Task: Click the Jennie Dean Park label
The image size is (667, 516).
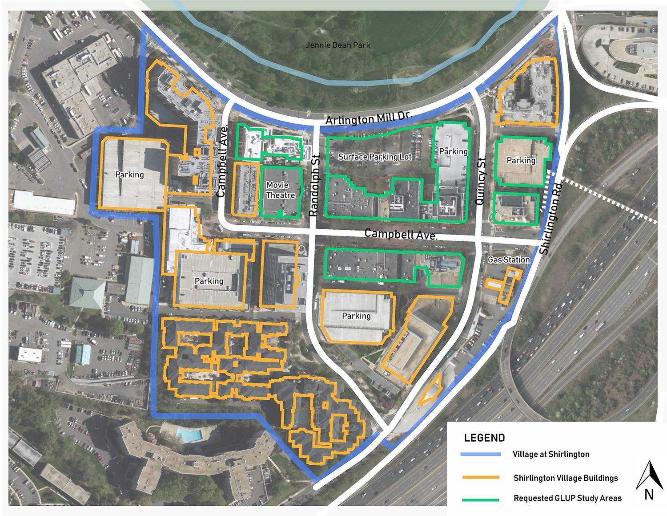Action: [338, 45]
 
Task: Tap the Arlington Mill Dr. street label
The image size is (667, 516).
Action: [369, 118]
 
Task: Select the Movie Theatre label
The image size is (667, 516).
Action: [281, 190]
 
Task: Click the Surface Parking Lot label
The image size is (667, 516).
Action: [375, 157]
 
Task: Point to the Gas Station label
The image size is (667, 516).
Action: [509, 260]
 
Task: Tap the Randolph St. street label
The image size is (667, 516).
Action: [314, 185]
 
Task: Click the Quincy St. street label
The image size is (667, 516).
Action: [481, 180]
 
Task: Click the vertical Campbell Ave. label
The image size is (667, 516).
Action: [222, 161]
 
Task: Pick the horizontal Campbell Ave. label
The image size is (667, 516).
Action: [401, 234]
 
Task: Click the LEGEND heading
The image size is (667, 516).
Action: [484, 438]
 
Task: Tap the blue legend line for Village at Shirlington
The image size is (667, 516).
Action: [481, 455]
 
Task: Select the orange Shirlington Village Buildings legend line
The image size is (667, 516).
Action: [481, 477]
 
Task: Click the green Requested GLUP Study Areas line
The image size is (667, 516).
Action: [481, 500]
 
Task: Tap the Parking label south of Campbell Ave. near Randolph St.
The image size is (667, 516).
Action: [356, 316]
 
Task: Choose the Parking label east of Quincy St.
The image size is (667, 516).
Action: [521, 160]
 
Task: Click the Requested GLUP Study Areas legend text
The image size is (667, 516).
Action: [567, 498]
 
